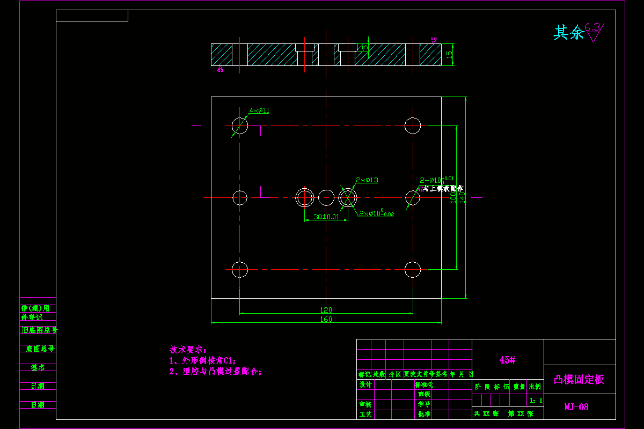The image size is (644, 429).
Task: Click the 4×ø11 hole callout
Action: pyautogui.click(x=259, y=110)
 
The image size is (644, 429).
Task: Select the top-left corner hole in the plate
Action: pyautogui.click(x=240, y=125)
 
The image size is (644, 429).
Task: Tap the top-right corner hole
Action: pyautogui.click(x=412, y=125)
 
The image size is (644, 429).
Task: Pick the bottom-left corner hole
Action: pyautogui.click(x=240, y=269)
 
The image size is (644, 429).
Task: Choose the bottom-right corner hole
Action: pyautogui.click(x=412, y=269)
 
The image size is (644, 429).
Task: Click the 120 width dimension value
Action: pyautogui.click(x=326, y=310)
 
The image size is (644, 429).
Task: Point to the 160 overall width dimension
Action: pyautogui.click(x=326, y=320)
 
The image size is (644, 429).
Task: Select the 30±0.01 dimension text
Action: pyautogui.click(x=326, y=217)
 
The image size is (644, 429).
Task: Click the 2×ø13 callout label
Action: pyautogui.click(x=367, y=180)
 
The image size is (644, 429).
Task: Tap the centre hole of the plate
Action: pyautogui.click(x=326, y=197)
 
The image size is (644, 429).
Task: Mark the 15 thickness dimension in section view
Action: pyautogui.click(x=450, y=54)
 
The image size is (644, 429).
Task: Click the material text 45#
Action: pyautogui.click(x=507, y=360)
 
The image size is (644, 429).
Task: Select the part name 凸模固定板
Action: pyautogui.click(x=579, y=380)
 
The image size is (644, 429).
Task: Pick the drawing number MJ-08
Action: pyautogui.click(x=576, y=407)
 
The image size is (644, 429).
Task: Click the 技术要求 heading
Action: pyautogui.click(x=188, y=350)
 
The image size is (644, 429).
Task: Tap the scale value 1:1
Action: pyautogui.click(x=536, y=400)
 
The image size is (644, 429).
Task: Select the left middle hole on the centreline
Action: pyautogui.click(x=240, y=197)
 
